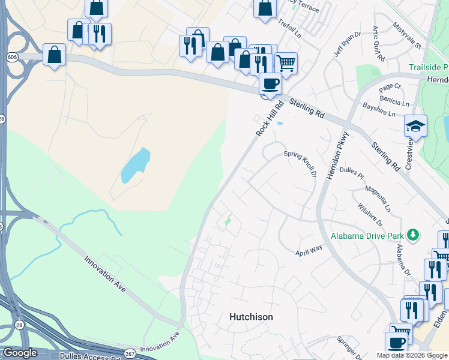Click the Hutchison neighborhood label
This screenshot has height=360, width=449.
pyautogui.click(x=251, y=317)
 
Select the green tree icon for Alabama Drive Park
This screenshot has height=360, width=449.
pyautogui.click(x=412, y=235)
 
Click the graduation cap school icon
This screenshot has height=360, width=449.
pyautogui.click(x=415, y=127)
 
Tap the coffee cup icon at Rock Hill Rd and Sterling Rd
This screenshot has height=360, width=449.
pyautogui.click(x=270, y=83)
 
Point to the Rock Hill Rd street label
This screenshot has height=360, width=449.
pyautogui.click(x=269, y=118)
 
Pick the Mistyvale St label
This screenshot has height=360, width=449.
pyautogui.click(x=408, y=35)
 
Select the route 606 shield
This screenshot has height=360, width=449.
pyautogui.click(x=11, y=56)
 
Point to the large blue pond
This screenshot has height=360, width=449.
pyautogui.click(x=135, y=164)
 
